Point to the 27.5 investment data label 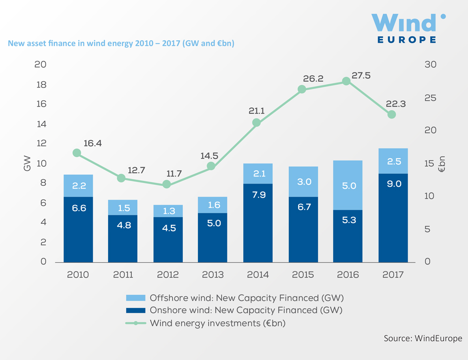click(x=361, y=75)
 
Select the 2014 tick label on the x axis click(x=257, y=275)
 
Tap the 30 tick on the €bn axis click(x=431, y=65)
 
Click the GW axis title click(x=27, y=163)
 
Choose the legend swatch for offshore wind click(x=136, y=298)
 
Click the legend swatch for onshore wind click(x=136, y=310)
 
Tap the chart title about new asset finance click(x=121, y=44)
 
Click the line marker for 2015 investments click(x=302, y=89)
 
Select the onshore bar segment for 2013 click(x=212, y=237)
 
